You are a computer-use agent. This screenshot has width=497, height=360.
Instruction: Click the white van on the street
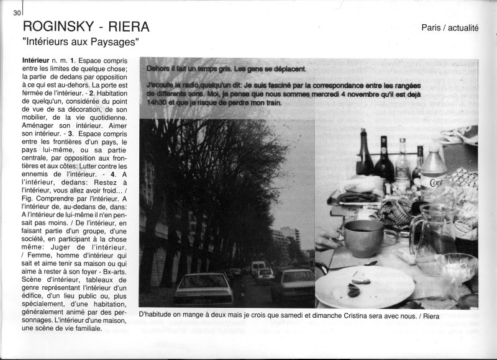258,266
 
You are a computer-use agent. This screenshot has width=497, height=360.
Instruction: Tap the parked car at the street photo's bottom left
203,289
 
